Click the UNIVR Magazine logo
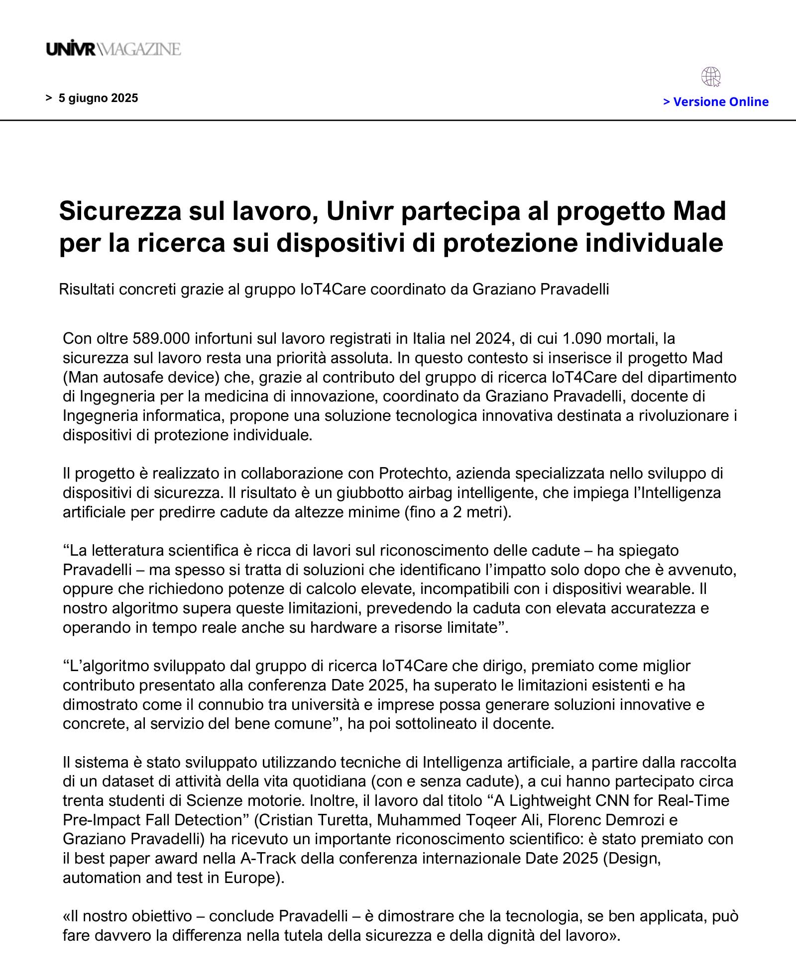[x=114, y=49]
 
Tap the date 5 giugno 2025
[x=98, y=98]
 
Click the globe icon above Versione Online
[x=711, y=77]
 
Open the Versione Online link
[x=716, y=102]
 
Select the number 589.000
[x=161, y=339]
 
